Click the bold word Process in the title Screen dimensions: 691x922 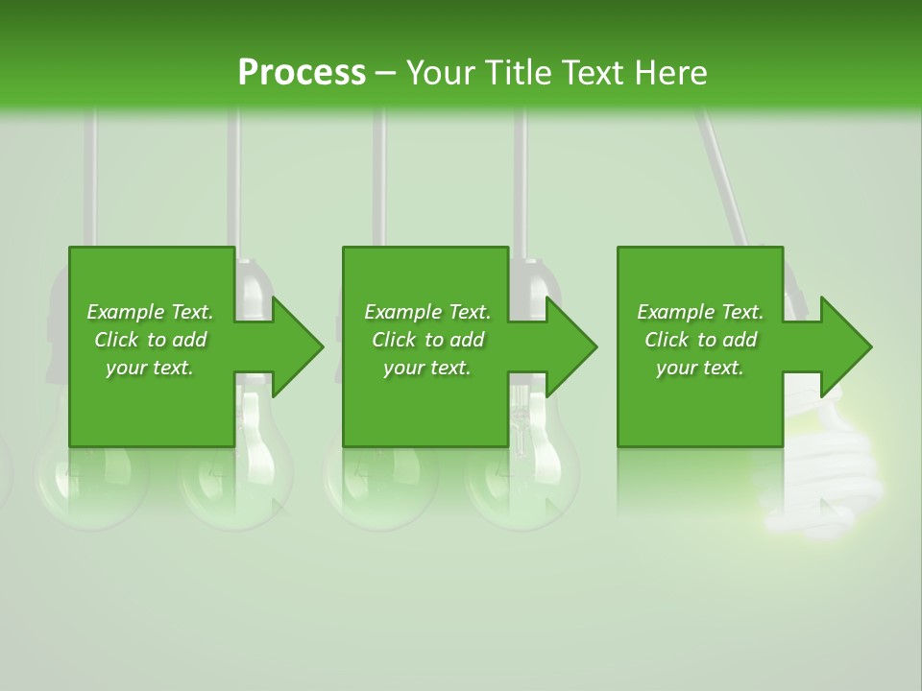(302, 73)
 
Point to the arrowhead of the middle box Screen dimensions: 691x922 (570, 346)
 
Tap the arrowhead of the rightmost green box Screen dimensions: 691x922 (844, 346)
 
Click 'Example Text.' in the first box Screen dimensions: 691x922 (150, 312)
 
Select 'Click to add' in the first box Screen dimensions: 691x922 (150, 340)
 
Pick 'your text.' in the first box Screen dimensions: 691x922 (150, 368)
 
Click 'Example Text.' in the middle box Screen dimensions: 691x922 (427, 312)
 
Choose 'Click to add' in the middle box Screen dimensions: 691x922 (427, 340)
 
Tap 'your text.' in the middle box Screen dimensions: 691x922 (427, 368)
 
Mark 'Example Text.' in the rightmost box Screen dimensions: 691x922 (700, 312)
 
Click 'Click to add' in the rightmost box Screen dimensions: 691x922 (700, 340)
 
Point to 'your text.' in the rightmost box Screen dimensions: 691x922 (700, 368)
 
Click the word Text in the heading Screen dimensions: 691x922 (594, 73)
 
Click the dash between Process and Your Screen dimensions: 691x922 (386, 73)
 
